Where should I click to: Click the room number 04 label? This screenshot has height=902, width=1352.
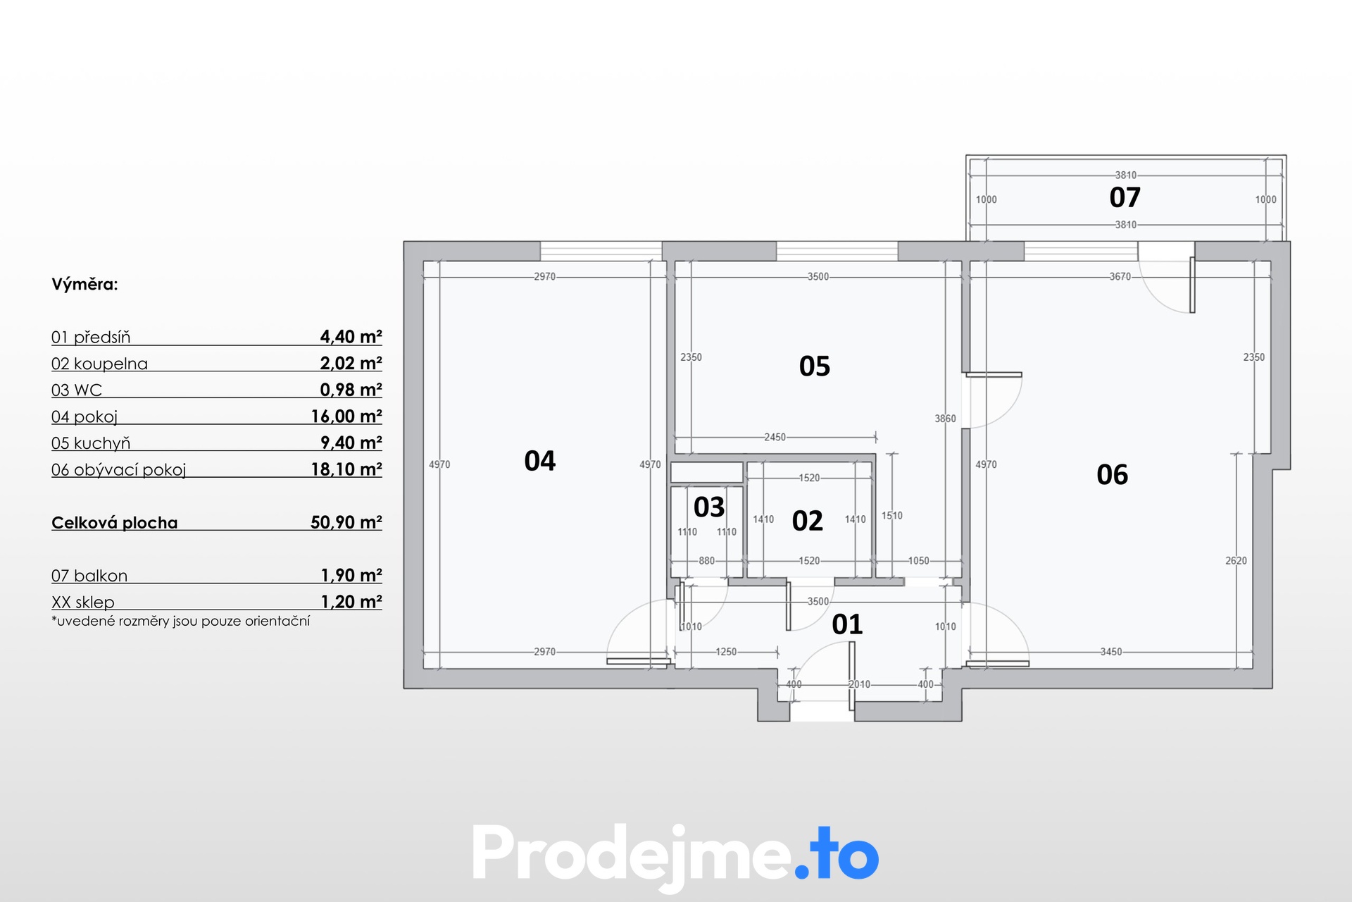(540, 461)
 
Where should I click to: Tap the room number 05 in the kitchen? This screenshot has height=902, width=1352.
(815, 366)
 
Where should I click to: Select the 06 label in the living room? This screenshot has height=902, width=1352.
(1113, 475)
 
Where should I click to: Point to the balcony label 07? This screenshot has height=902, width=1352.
(1125, 197)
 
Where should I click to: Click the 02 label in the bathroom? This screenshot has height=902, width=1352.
(808, 521)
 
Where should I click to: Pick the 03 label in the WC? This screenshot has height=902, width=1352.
(709, 507)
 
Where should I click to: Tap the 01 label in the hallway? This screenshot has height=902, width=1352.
(847, 624)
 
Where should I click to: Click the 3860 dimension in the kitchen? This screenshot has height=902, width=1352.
(946, 419)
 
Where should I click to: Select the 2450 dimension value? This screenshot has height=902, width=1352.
(775, 438)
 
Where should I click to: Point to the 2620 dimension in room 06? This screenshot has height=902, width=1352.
(1237, 561)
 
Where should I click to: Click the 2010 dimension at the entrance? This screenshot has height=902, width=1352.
(860, 684)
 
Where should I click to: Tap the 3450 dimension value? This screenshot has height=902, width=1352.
(1111, 652)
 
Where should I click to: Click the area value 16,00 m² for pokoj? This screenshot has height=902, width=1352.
(346, 416)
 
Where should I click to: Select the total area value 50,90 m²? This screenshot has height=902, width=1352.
(346, 522)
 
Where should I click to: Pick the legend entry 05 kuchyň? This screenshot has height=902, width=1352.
(91, 443)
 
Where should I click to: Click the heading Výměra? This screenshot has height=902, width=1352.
(84, 285)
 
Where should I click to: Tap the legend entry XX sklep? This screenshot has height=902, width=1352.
(83, 603)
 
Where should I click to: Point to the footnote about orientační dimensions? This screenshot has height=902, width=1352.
(181, 622)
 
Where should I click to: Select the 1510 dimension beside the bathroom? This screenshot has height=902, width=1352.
(892, 516)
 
